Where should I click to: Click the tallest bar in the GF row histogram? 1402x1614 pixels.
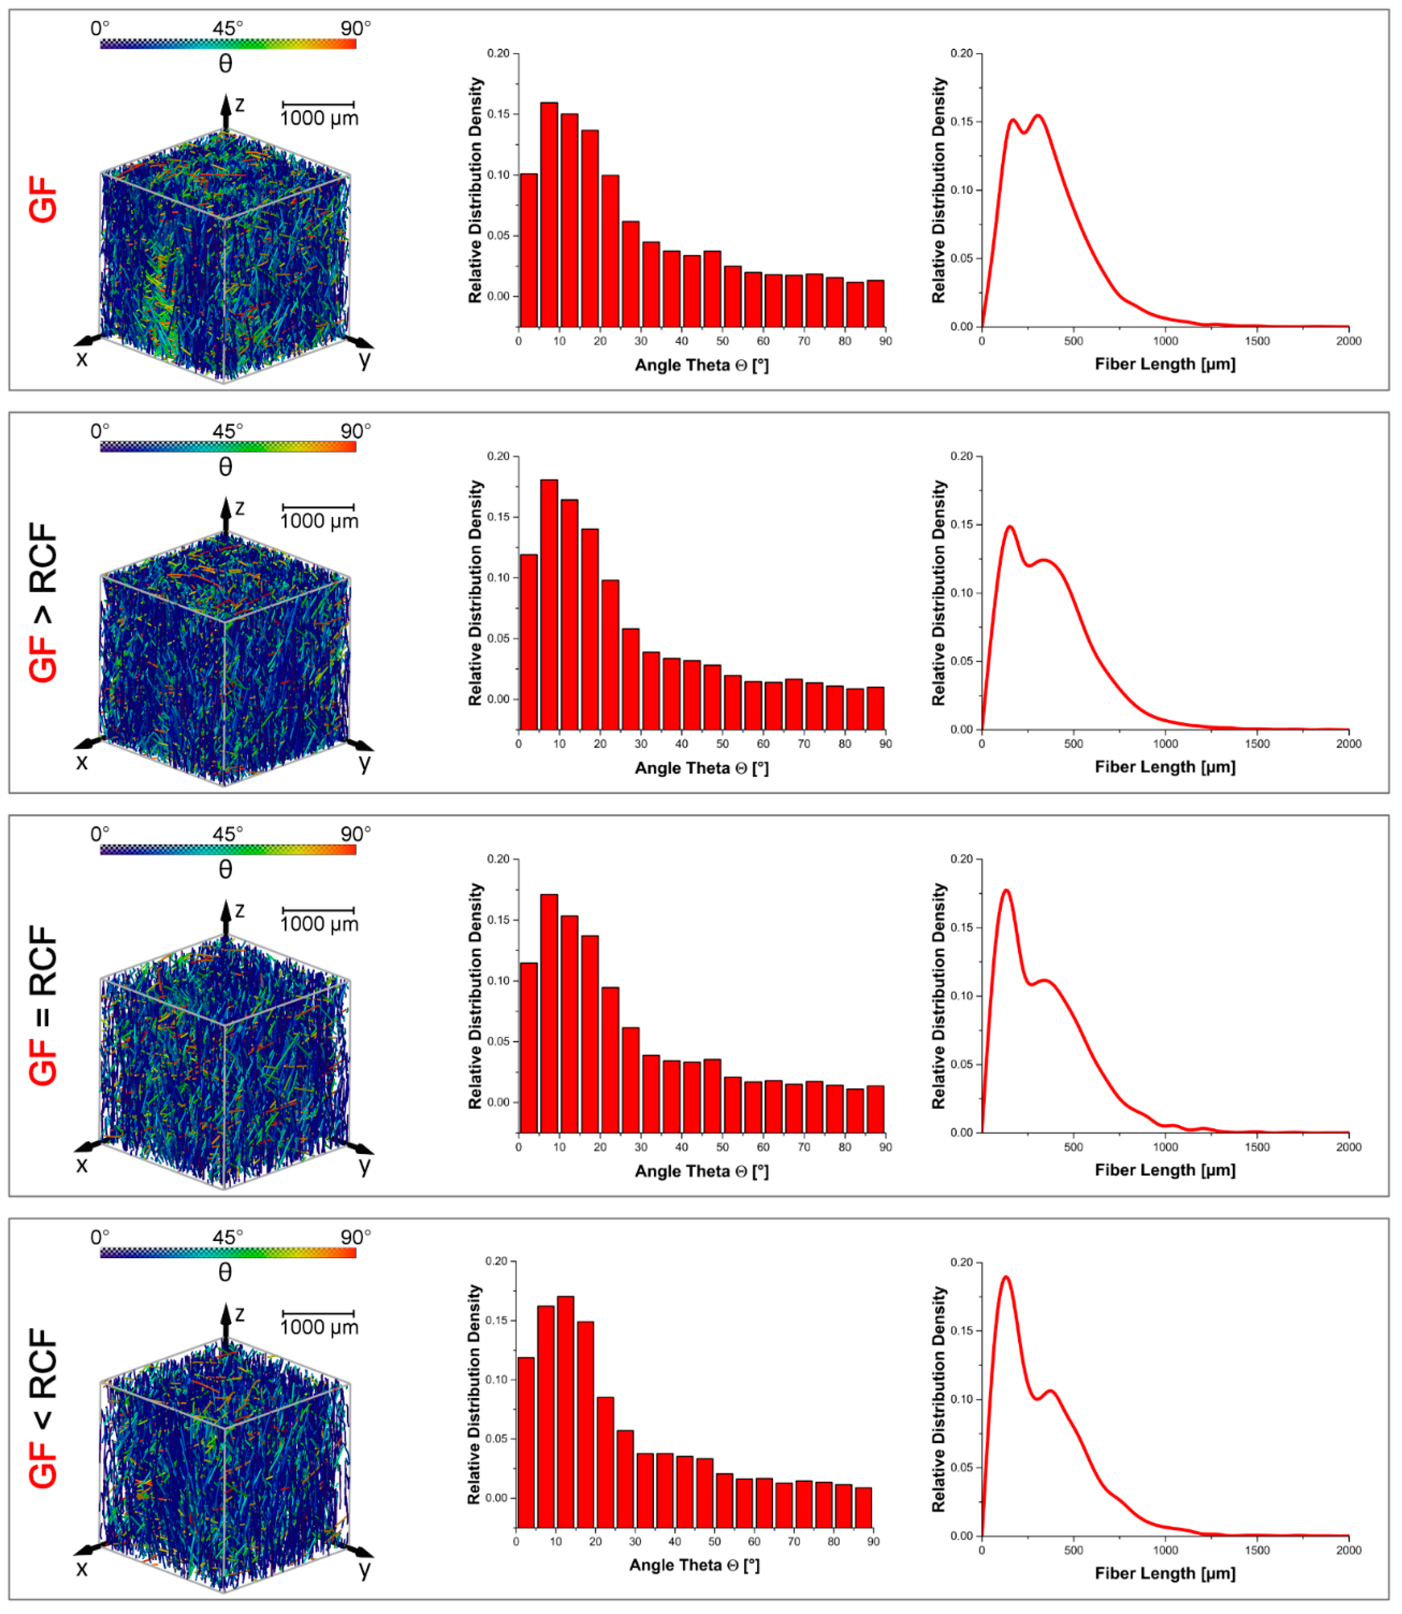point(549,215)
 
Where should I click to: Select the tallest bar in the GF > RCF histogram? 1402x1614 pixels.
point(549,606)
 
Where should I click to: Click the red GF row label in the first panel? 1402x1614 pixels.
point(44,199)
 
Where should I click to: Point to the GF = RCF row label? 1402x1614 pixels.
point(44,1007)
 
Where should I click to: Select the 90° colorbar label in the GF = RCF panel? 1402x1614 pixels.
point(356,835)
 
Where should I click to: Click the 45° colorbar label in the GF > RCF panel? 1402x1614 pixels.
point(228,432)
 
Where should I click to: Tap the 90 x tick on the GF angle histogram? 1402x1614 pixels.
point(886,342)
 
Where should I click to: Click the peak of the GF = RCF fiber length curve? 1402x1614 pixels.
point(1006,892)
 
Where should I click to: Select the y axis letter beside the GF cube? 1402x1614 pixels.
point(365,361)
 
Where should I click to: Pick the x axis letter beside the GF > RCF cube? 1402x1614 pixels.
point(82,763)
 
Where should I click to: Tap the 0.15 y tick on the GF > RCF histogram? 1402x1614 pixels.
point(498,518)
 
